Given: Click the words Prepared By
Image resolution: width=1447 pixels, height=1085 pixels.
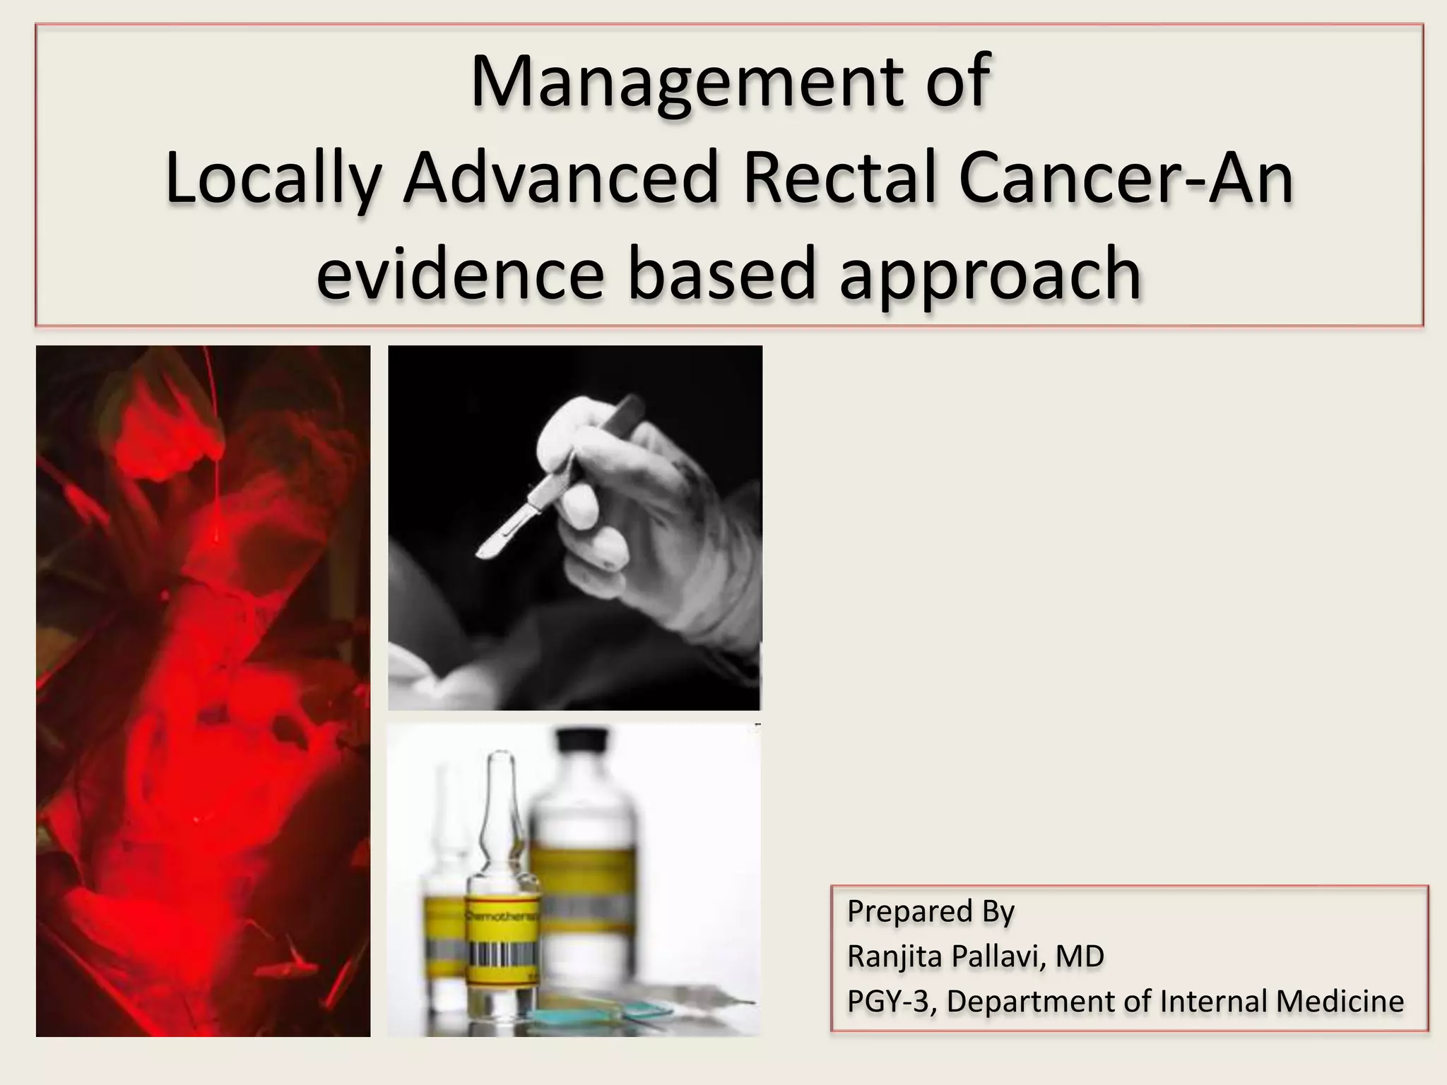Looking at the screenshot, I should pos(931,912).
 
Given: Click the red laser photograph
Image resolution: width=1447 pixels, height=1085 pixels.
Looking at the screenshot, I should pos(203,691).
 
